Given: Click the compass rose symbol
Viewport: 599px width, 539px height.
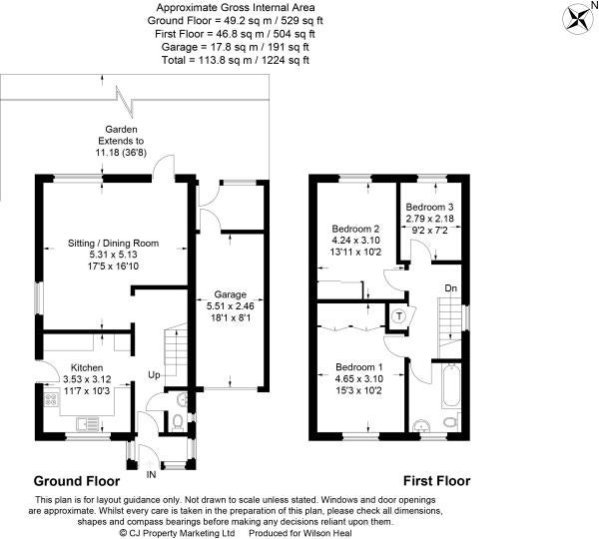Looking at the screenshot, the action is pos(576,19).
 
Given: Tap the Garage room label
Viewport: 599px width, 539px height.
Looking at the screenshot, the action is pos(230,294).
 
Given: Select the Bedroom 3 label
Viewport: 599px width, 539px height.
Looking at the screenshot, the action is pos(429,207).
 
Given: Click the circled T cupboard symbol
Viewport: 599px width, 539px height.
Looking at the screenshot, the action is pos(399,316).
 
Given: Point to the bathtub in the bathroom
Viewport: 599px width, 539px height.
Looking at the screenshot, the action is pos(451,386).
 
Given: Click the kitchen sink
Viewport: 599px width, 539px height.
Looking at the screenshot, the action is pos(88,423).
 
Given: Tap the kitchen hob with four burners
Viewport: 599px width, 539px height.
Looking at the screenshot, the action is pos(52,399).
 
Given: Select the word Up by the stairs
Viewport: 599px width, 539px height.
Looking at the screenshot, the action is pos(154,375).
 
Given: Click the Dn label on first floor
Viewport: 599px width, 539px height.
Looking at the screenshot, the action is pos(451,288).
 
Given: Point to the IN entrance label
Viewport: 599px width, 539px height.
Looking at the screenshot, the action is pos(152,474).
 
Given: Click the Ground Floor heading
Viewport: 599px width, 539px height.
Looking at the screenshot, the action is pos(77,481).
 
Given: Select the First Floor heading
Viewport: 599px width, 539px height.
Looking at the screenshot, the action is pos(436,480).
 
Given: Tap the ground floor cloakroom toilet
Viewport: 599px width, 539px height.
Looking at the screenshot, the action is pos(177,422).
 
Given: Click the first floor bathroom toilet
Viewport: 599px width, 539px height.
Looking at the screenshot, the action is pos(451,422).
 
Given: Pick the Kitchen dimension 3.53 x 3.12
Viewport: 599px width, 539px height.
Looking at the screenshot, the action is pos(87,379).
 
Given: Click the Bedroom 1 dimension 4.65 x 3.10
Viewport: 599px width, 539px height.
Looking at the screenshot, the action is pos(359,379).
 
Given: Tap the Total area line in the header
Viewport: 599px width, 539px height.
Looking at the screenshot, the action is pos(236,60).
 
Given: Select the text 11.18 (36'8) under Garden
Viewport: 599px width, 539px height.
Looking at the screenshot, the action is pos(121,153).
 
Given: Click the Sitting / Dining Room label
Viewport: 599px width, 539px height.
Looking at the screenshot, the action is pos(114,243).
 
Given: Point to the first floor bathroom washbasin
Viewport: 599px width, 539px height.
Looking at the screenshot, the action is pos(421,426).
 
